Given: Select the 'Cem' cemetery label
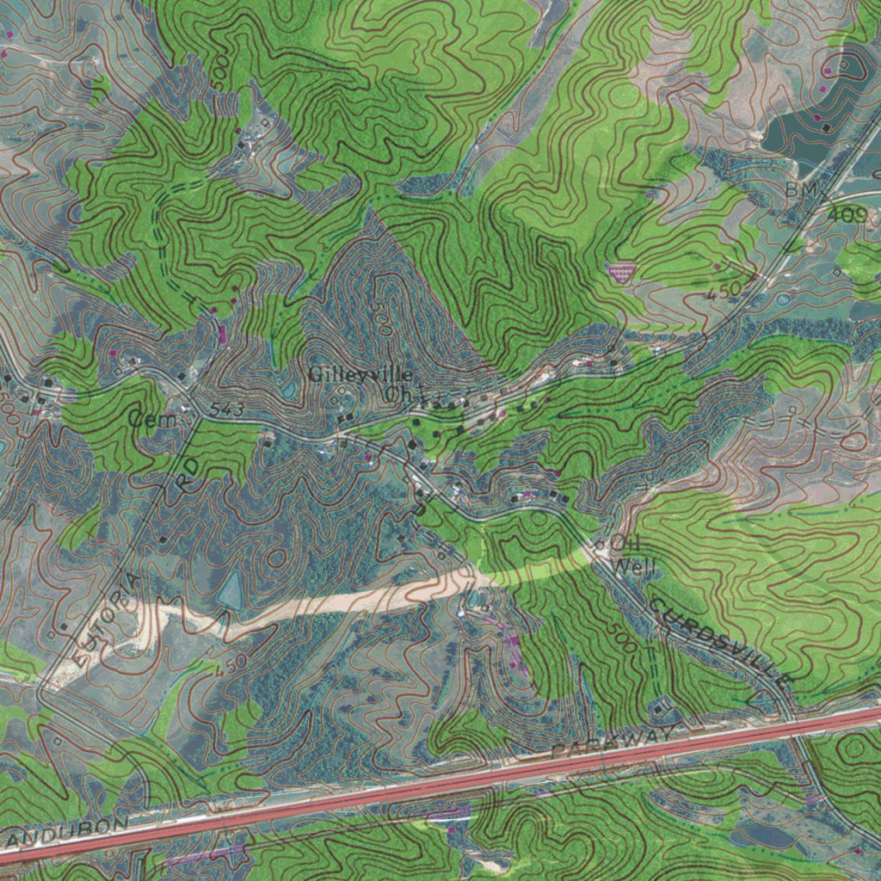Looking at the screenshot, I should pos(153,419).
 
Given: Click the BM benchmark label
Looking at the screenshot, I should pos(799,189).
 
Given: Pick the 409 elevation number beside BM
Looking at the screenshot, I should pos(847,214).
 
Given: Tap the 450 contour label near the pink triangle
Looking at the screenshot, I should pos(723,293).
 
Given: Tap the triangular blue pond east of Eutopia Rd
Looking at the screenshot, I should pos(230,592).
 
